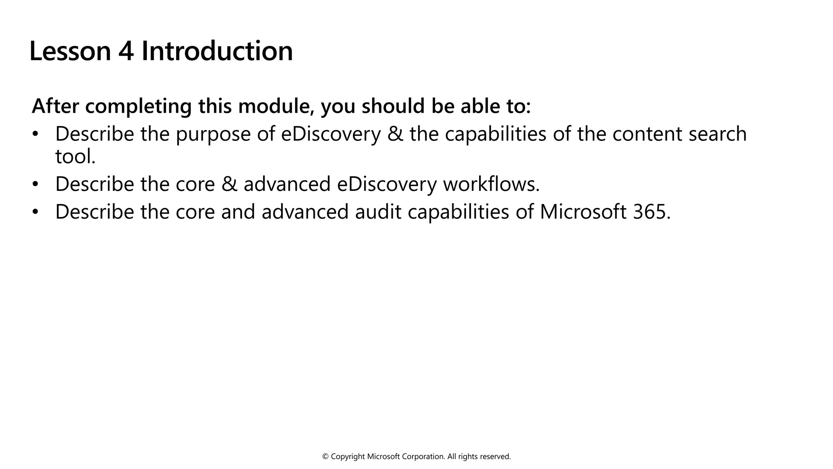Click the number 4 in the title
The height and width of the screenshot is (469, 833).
[126, 51]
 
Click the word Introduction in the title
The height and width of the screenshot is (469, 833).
[217, 51]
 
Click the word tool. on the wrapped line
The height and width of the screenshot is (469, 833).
[75, 156]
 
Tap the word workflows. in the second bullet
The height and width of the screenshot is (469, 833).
[491, 184]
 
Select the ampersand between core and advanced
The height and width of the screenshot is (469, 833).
[229, 184]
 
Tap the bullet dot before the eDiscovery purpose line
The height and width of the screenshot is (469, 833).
[35, 134]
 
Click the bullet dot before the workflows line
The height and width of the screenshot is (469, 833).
[35, 184]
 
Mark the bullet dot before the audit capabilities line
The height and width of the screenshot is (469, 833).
[35, 212]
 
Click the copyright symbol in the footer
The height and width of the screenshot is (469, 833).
[325, 457]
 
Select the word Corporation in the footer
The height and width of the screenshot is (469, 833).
[423, 457]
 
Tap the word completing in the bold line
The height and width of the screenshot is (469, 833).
[138, 107]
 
